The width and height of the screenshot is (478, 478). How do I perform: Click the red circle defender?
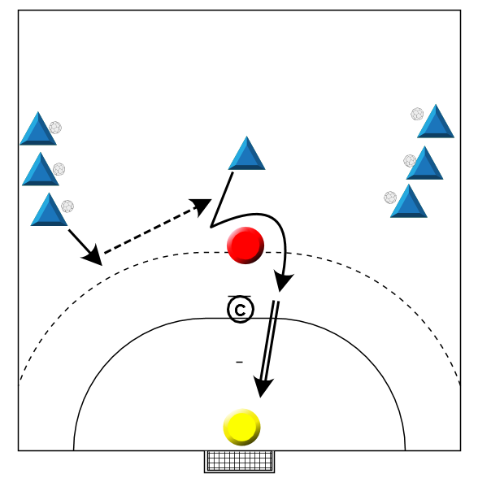[x=246, y=246]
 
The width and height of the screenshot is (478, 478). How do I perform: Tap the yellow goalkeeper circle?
[x=241, y=427]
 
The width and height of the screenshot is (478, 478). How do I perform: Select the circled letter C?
[x=241, y=310]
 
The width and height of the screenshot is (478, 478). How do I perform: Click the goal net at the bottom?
[x=239, y=461]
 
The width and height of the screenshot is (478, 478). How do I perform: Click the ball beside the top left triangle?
[x=55, y=128]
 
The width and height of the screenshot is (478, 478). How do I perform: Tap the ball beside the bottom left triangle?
[x=67, y=206]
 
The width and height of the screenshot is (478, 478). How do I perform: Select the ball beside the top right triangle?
[x=417, y=114]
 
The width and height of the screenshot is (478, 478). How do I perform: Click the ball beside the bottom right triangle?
[x=390, y=198]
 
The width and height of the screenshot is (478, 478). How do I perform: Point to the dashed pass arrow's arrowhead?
[x=202, y=206]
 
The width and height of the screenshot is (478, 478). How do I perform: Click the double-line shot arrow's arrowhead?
[x=263, y=388]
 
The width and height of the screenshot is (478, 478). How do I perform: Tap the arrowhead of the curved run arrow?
[x=283, y=281]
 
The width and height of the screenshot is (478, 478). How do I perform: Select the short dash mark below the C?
[x=239, y=363]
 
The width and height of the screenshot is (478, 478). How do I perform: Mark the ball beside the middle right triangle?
[x=410, y=161]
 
